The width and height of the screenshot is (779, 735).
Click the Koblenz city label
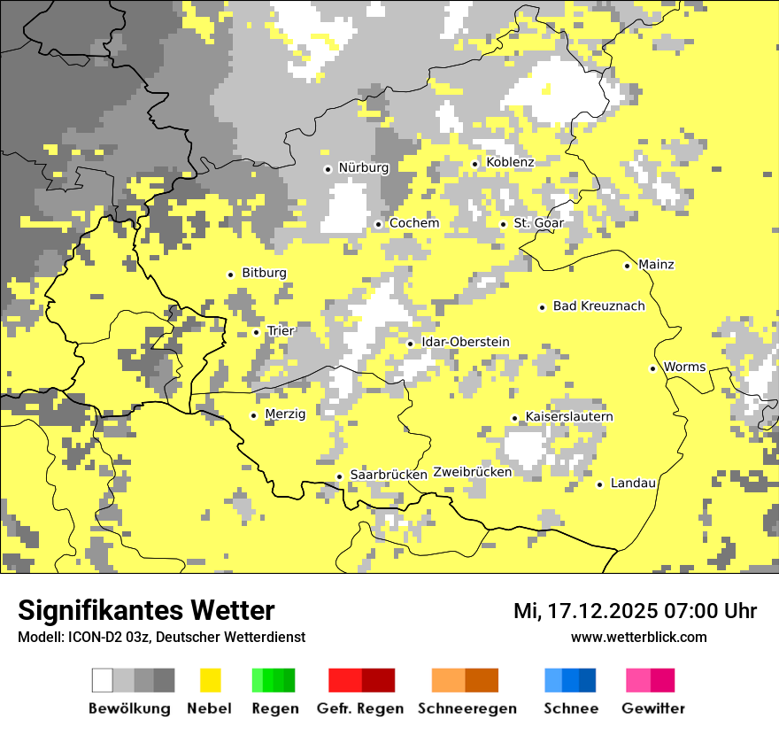tap(510, 162)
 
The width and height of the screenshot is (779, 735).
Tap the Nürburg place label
tap(363, 167)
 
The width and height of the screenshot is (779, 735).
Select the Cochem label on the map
tap(413, 223)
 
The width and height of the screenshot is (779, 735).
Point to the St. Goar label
tap(538, 223)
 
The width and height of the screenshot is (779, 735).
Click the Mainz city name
tap(656, 265)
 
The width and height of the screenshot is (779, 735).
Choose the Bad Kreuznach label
tap(598, 306)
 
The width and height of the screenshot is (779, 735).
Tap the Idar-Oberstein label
tap(465, 343)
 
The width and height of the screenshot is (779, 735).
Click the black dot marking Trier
tap(257, 333)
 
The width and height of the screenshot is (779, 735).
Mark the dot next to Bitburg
tap(231, 275)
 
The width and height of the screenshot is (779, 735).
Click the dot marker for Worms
tap(653, 369)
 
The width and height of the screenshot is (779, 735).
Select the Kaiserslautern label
tap(569, 417)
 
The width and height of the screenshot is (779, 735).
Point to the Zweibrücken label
tap(472, 472)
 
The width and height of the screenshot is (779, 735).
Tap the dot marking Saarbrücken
tap(339, 476)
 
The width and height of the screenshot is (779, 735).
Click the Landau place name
tap(633, 484)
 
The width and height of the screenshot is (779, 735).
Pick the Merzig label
tap(285, 414)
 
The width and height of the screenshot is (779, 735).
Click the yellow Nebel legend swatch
tap(211, 680)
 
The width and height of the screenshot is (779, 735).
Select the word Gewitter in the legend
tap(652, 708)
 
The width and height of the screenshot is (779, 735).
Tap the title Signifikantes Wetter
tap(146, 610)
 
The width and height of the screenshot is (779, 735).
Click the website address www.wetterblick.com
tap(638, 638)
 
